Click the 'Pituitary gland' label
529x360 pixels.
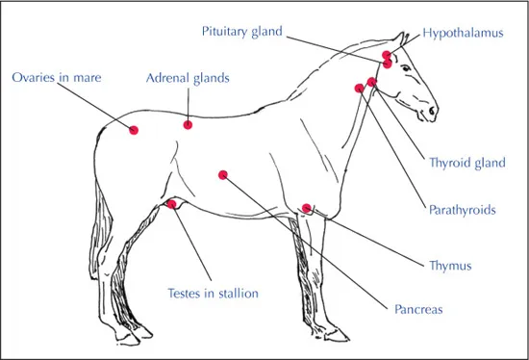(x=241, y=31)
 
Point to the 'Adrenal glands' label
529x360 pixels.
(x=188, y=76)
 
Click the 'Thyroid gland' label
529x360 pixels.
(x=466, y=163)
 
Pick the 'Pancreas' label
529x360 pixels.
(x=418, y=310)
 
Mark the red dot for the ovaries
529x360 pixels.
(x=134, y=130)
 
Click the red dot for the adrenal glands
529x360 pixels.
(x=189, y=125)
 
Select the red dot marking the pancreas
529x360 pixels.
(x=223, y=175)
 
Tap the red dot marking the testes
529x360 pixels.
(x=172, y=203)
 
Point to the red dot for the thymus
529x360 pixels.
(x=307, y=208)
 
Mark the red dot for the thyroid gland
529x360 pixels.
(x=371, y=82)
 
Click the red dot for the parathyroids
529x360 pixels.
(x=360, y=88)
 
